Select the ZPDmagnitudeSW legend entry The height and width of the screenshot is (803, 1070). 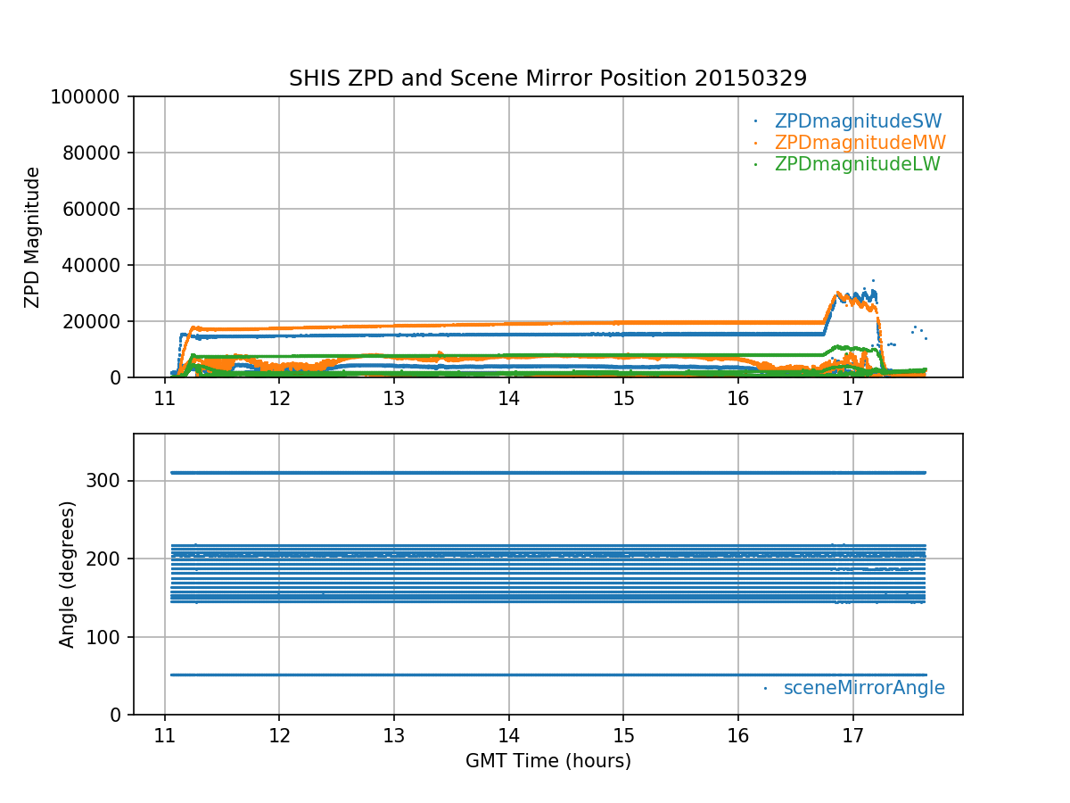tap(858, 121)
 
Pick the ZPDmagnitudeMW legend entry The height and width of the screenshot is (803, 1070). tap(860, 143)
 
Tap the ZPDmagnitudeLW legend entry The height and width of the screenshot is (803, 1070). tap(857, 164)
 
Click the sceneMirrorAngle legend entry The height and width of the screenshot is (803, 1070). tap(864, 688)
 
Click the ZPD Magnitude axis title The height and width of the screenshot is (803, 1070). tap(33, 237)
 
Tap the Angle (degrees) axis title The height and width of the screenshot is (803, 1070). tap(68, 574)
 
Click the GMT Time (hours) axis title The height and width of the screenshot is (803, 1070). tap(547, 761)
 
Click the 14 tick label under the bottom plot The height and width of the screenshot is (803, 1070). tap(508, 733)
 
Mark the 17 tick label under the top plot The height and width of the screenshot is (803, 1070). tap(853, 396)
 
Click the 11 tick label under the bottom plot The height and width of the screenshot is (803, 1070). tap(164, 733)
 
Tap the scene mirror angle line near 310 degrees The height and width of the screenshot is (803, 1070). tap(535, 472)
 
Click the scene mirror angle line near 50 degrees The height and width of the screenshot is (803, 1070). tap(535, 675)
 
